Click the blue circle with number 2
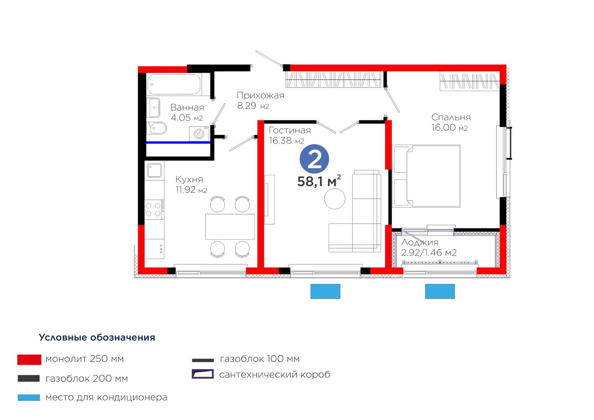pos(314,159)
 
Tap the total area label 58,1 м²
pos(319,181)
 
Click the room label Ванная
pos(187,107)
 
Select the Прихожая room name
pos(260,95)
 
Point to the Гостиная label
pos(290,130)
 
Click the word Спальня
pos(451,117)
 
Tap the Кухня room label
pos(189,180)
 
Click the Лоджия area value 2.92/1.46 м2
pos(429,253)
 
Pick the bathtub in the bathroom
pos(174,84)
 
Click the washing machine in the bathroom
pos(199,134)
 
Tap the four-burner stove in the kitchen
pos(154,209)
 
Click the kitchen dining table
pos(230,227)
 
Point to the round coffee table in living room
pos(334,199)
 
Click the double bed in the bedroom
pos(427,176)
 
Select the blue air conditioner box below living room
pos(325,291)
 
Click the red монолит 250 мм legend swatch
pos(29,360)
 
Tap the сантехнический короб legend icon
pos(203,374)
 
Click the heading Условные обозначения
pos(97,338)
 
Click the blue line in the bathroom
pos(178,143)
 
